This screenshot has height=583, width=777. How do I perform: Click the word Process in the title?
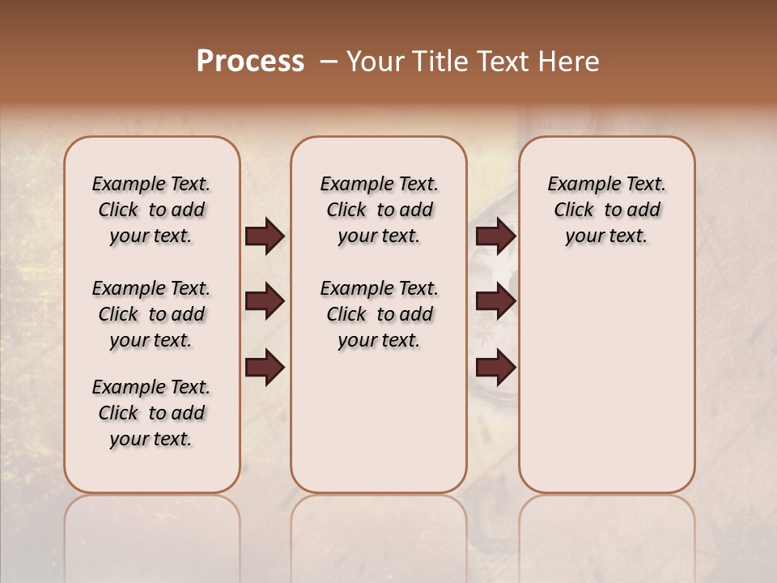coord(250,62)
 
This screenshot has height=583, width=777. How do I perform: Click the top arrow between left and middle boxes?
coord(265,236)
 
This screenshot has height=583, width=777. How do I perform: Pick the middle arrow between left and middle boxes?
coord(265,302)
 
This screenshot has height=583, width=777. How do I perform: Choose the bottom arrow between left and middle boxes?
coord(265,367)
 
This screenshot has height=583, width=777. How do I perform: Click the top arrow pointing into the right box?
coord(495,236)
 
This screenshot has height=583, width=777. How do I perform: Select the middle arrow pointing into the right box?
coord(495,302)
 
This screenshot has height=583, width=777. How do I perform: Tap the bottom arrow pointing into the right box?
coord(495,367)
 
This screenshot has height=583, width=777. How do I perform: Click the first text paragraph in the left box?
coord(151,210)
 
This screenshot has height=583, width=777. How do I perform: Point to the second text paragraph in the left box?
coord(151,314)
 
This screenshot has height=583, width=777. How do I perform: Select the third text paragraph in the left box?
coord(151,413)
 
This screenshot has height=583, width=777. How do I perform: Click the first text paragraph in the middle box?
coord(379,210)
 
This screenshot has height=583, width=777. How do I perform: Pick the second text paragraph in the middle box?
coord(379,314)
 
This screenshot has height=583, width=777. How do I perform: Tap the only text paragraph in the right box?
coord(607,210)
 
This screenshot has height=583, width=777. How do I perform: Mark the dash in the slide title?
coord(329,62)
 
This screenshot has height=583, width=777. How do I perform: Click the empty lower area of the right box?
coord(607,381)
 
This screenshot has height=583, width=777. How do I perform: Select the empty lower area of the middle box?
coord(379,421)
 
